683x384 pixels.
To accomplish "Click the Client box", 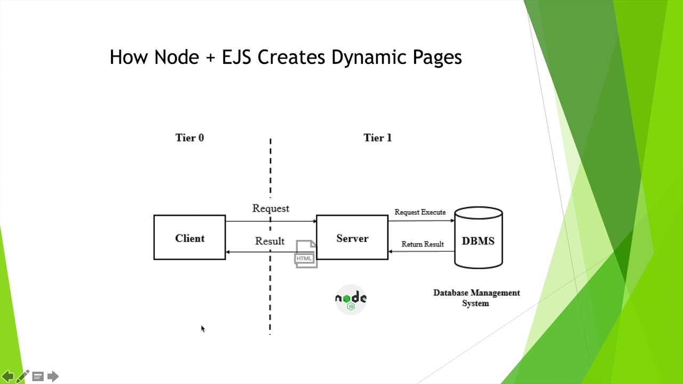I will pos(189,238).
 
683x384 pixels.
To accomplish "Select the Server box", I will pos(352,238).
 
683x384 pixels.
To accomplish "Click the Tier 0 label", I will pos(189,138).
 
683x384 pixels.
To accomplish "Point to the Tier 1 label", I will pos(377,138).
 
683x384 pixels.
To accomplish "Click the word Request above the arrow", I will pos(271,209).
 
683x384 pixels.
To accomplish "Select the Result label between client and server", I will pos(269,241).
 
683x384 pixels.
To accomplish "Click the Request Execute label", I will pos(420,212).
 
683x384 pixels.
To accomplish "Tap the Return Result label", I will pos(423,244).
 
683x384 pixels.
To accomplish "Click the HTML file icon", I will pos(306,254).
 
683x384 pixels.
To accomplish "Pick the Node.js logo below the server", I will pos(351,299).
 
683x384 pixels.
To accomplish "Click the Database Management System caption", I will pos(476,298).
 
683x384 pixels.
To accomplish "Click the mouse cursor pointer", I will pos(203,329).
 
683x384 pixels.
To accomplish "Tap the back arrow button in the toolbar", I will pos(8,377).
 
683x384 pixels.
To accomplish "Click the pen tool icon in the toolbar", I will pos(22,377).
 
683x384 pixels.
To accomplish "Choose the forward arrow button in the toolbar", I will pos(53,377).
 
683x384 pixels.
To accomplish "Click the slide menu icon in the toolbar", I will pos(38,377).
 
